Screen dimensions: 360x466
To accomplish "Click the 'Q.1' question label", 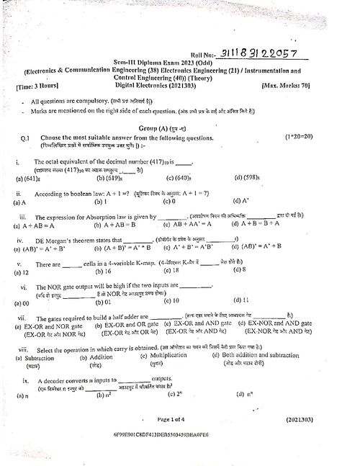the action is click(26, 138).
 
